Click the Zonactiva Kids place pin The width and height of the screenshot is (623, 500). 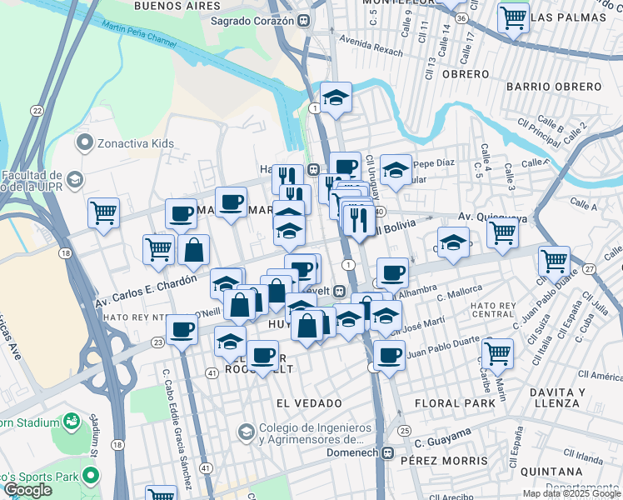83,143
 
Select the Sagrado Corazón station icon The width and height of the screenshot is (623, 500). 307,20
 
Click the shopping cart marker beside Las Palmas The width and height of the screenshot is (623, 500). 513,16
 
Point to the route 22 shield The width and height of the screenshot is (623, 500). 37,110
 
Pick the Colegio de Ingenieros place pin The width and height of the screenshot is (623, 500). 246,432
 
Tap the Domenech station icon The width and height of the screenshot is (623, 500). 386,453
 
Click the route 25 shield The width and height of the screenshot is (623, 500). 404,430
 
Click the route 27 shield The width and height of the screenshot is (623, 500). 589,268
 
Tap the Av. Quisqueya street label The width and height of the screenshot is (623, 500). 494,218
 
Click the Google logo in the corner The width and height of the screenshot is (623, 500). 27,490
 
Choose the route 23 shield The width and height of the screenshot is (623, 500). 157,341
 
